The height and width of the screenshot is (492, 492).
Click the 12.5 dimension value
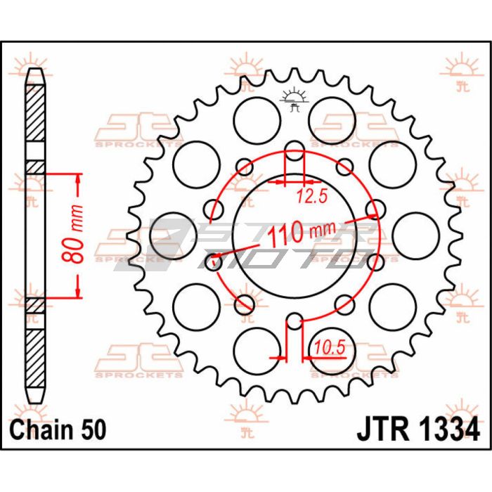pyautogui.click(x=312, y=196)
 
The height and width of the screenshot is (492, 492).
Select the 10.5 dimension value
pyautogui.click(x=330, y=348)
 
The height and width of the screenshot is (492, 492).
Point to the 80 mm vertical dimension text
pyautogui.click(x=73, y=234)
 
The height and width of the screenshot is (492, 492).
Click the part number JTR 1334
pyautogui.click(x=418, y=429)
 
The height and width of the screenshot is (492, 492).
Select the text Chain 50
pyautogui.click(x=58, y=429)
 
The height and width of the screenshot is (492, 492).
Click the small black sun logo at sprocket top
pyautogui.click(x=293, y=100)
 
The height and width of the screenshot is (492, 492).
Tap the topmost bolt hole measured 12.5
pyautogui.click(x=294, y=151)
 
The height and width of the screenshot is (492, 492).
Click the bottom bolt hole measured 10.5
pyautogui.click(x=294, y=321)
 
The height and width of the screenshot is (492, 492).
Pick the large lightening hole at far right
pyautogui.click(x=415, y=235)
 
